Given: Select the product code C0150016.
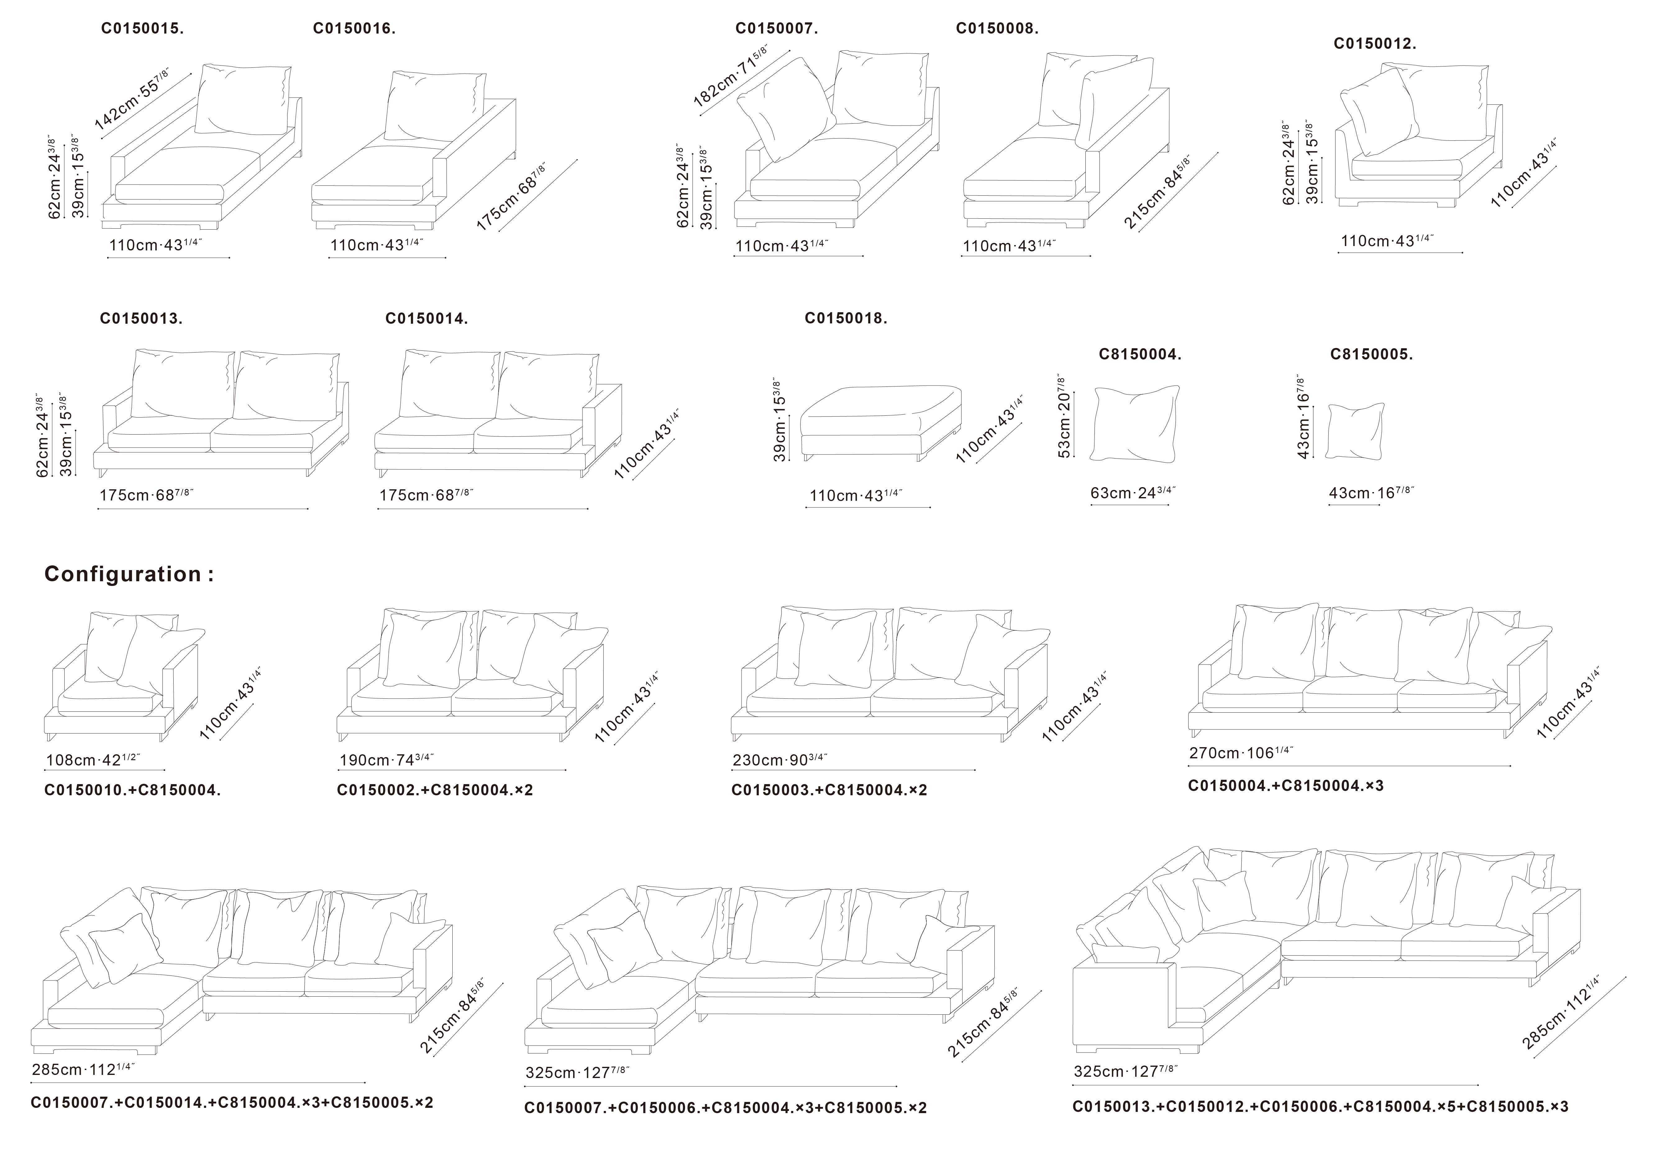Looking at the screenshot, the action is point(354,29).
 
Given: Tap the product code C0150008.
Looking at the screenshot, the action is point(997,29).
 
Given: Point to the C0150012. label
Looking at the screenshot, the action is point(1375,43).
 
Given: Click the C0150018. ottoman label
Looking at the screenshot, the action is point(846,318).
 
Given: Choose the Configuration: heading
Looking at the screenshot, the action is point(129,574).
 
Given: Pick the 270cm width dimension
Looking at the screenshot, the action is point(1241,753).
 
